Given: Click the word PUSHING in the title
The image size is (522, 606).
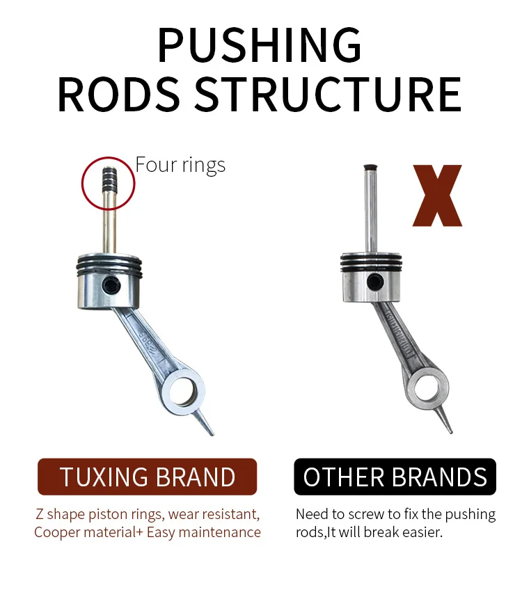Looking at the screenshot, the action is (259, 46).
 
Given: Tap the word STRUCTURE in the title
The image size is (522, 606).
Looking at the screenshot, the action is (327, 95).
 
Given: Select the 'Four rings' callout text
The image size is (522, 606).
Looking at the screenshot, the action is (180, 165).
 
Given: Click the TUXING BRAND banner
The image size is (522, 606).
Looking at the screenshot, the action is (148, 477).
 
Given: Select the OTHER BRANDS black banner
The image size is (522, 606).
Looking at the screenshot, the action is (395, 477).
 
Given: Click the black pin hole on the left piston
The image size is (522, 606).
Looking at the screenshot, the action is (109, 285).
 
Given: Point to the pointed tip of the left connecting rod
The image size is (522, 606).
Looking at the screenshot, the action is (209, 430).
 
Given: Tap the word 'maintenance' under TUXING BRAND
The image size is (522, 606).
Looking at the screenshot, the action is (221, 532).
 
